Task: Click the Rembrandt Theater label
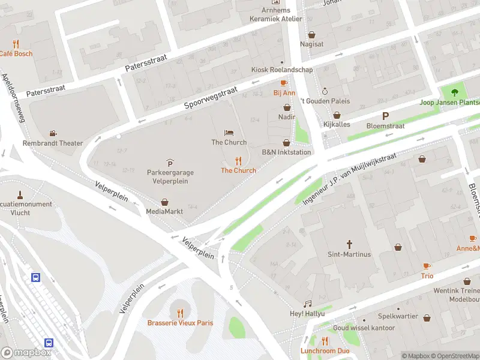(53, 143)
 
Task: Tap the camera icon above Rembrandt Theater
(53, 133)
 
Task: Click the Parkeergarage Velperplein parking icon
(170, 163)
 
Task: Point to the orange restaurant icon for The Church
(238, 161)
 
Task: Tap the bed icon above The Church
(229, 133)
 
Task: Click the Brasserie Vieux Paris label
(180, 323)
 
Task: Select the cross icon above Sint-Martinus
(350, 244)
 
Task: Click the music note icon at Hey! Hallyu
(307, 304)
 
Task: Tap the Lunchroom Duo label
(325, 350)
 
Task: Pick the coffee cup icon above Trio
(427, 266)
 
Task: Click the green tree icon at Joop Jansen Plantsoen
(454, 92)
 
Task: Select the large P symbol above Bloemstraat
(385, 116)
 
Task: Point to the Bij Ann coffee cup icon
(284, 83)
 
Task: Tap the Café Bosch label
(16, 53)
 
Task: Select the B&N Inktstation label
(286, 152)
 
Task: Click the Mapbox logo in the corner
(25, 353)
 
